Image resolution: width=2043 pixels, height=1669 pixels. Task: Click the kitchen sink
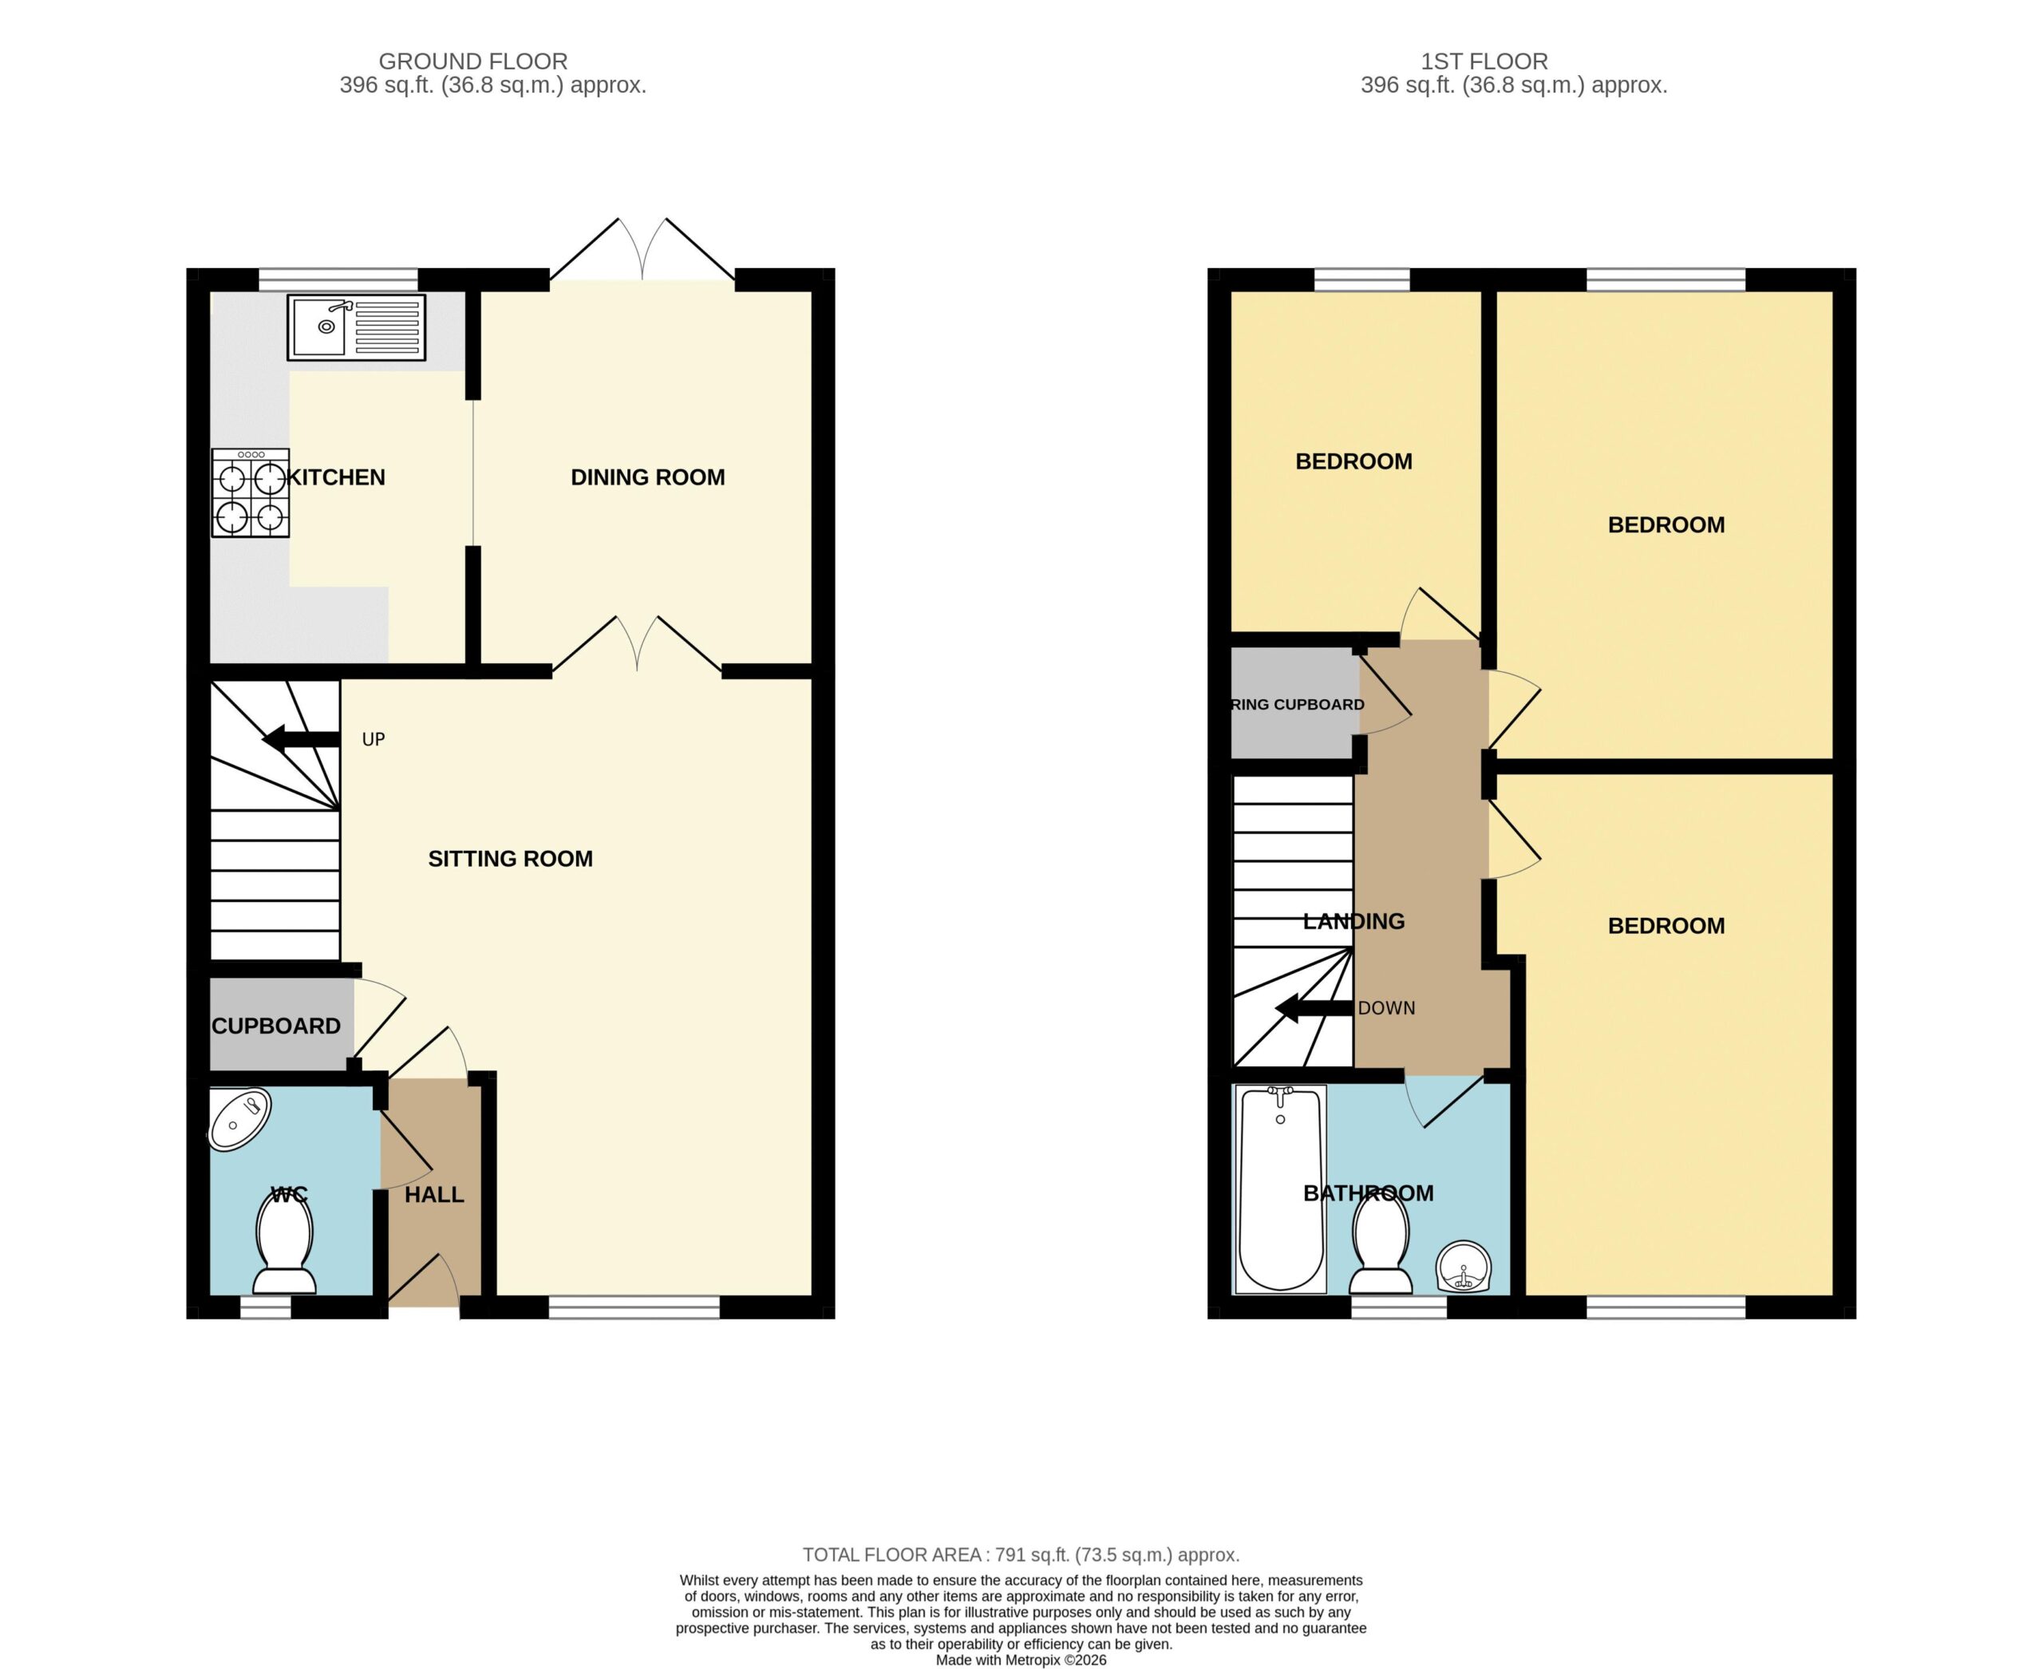pos(357,328)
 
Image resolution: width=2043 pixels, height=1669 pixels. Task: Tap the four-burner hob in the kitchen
pos(250,492)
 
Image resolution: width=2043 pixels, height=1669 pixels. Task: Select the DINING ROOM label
pos(647,477)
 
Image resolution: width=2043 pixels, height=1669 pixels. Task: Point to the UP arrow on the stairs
pos(301,739)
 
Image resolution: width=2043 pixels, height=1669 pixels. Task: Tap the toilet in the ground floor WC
pos(285,1245)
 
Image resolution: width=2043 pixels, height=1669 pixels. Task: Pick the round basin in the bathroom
pos(1464,1268)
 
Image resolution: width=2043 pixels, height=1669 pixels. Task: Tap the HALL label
pos(435,1194)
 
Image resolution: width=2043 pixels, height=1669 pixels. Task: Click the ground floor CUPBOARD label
pos(276,1026)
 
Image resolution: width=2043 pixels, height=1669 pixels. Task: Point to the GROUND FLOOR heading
pos(473,61)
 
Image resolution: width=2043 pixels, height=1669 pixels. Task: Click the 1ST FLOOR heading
pos(1484,61)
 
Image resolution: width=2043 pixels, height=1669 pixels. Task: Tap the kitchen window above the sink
pos(338,280)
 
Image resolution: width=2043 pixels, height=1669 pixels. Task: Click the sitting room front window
pos(634,1307)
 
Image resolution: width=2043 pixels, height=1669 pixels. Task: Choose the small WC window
pos(265,1307)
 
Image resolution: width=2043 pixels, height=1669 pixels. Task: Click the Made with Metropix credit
pos(1021,1659)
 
